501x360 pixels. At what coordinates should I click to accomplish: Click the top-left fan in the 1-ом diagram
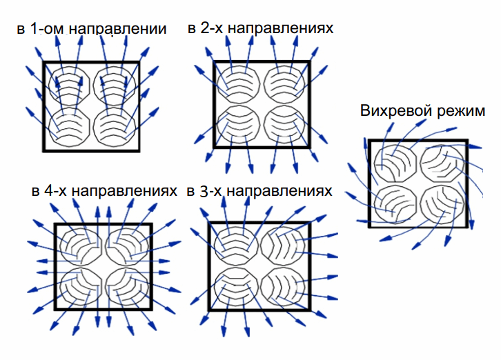[69, 86]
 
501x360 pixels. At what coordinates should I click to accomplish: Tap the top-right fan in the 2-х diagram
[284, 85]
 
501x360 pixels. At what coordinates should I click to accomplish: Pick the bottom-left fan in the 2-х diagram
[238, 125]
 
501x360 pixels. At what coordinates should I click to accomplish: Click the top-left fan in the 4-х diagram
[81, 246]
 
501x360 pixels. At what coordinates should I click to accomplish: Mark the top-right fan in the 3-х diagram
[282, 246]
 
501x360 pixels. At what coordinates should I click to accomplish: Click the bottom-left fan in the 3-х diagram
[236, 286]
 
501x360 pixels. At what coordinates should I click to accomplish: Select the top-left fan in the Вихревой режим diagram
[395, 163]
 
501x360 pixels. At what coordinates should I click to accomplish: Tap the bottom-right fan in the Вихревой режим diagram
[442, 204]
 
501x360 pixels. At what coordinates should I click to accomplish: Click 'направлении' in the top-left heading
[117, 30]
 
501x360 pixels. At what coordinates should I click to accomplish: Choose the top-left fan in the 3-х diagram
[236, 246]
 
